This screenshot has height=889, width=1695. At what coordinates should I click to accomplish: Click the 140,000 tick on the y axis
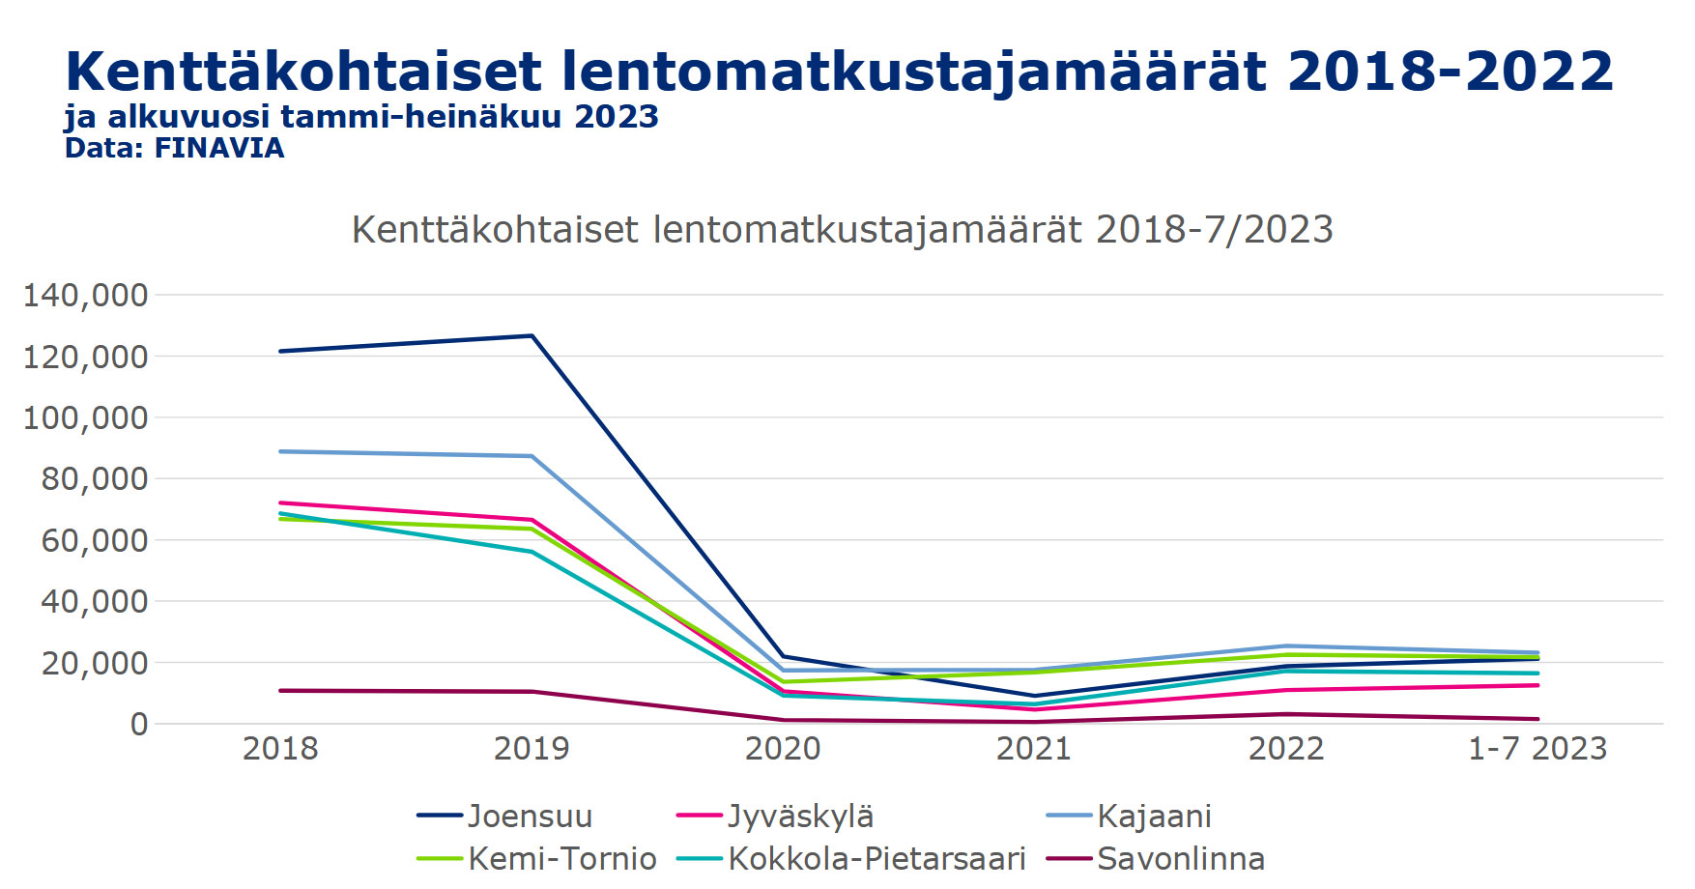[x=86, y=295]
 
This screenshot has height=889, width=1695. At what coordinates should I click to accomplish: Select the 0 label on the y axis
[x=139, y=724]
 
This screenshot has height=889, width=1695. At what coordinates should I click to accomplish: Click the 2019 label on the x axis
[x=531, y=749]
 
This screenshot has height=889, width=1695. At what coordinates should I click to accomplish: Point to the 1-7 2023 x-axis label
[x=1537, y=749]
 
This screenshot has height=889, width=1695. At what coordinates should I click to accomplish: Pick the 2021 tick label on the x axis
[x=1034, y=749]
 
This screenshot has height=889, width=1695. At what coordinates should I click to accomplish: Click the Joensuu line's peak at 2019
[x=531, y=335]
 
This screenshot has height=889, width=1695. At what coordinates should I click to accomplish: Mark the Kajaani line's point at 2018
[x=280, y=451]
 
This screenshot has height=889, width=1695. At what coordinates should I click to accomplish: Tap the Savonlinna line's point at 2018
[x=280, y=691]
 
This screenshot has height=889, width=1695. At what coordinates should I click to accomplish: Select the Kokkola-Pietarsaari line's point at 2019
[x=531, y=552]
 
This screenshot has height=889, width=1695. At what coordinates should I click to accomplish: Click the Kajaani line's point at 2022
[x=1286, y=645]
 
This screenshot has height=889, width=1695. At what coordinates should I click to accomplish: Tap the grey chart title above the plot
[x=842, y=230]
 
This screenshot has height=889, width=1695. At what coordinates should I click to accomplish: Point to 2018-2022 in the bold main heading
[x=1450, y=72]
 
